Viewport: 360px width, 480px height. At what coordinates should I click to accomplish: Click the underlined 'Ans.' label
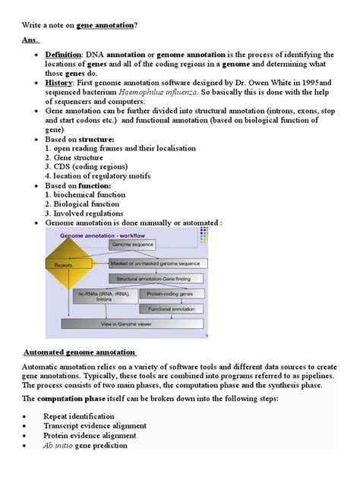tap(30, 39)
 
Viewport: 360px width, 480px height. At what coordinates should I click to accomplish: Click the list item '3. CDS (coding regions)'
tap(84, 166)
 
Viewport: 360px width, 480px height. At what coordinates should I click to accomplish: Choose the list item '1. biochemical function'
tap(85, 194)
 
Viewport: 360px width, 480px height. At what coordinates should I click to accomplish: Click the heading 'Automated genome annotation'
tap(80, 352)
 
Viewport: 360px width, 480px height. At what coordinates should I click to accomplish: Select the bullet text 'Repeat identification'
tap(79, 416)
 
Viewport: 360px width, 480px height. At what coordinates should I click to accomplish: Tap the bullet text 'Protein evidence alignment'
tap(90, 436)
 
